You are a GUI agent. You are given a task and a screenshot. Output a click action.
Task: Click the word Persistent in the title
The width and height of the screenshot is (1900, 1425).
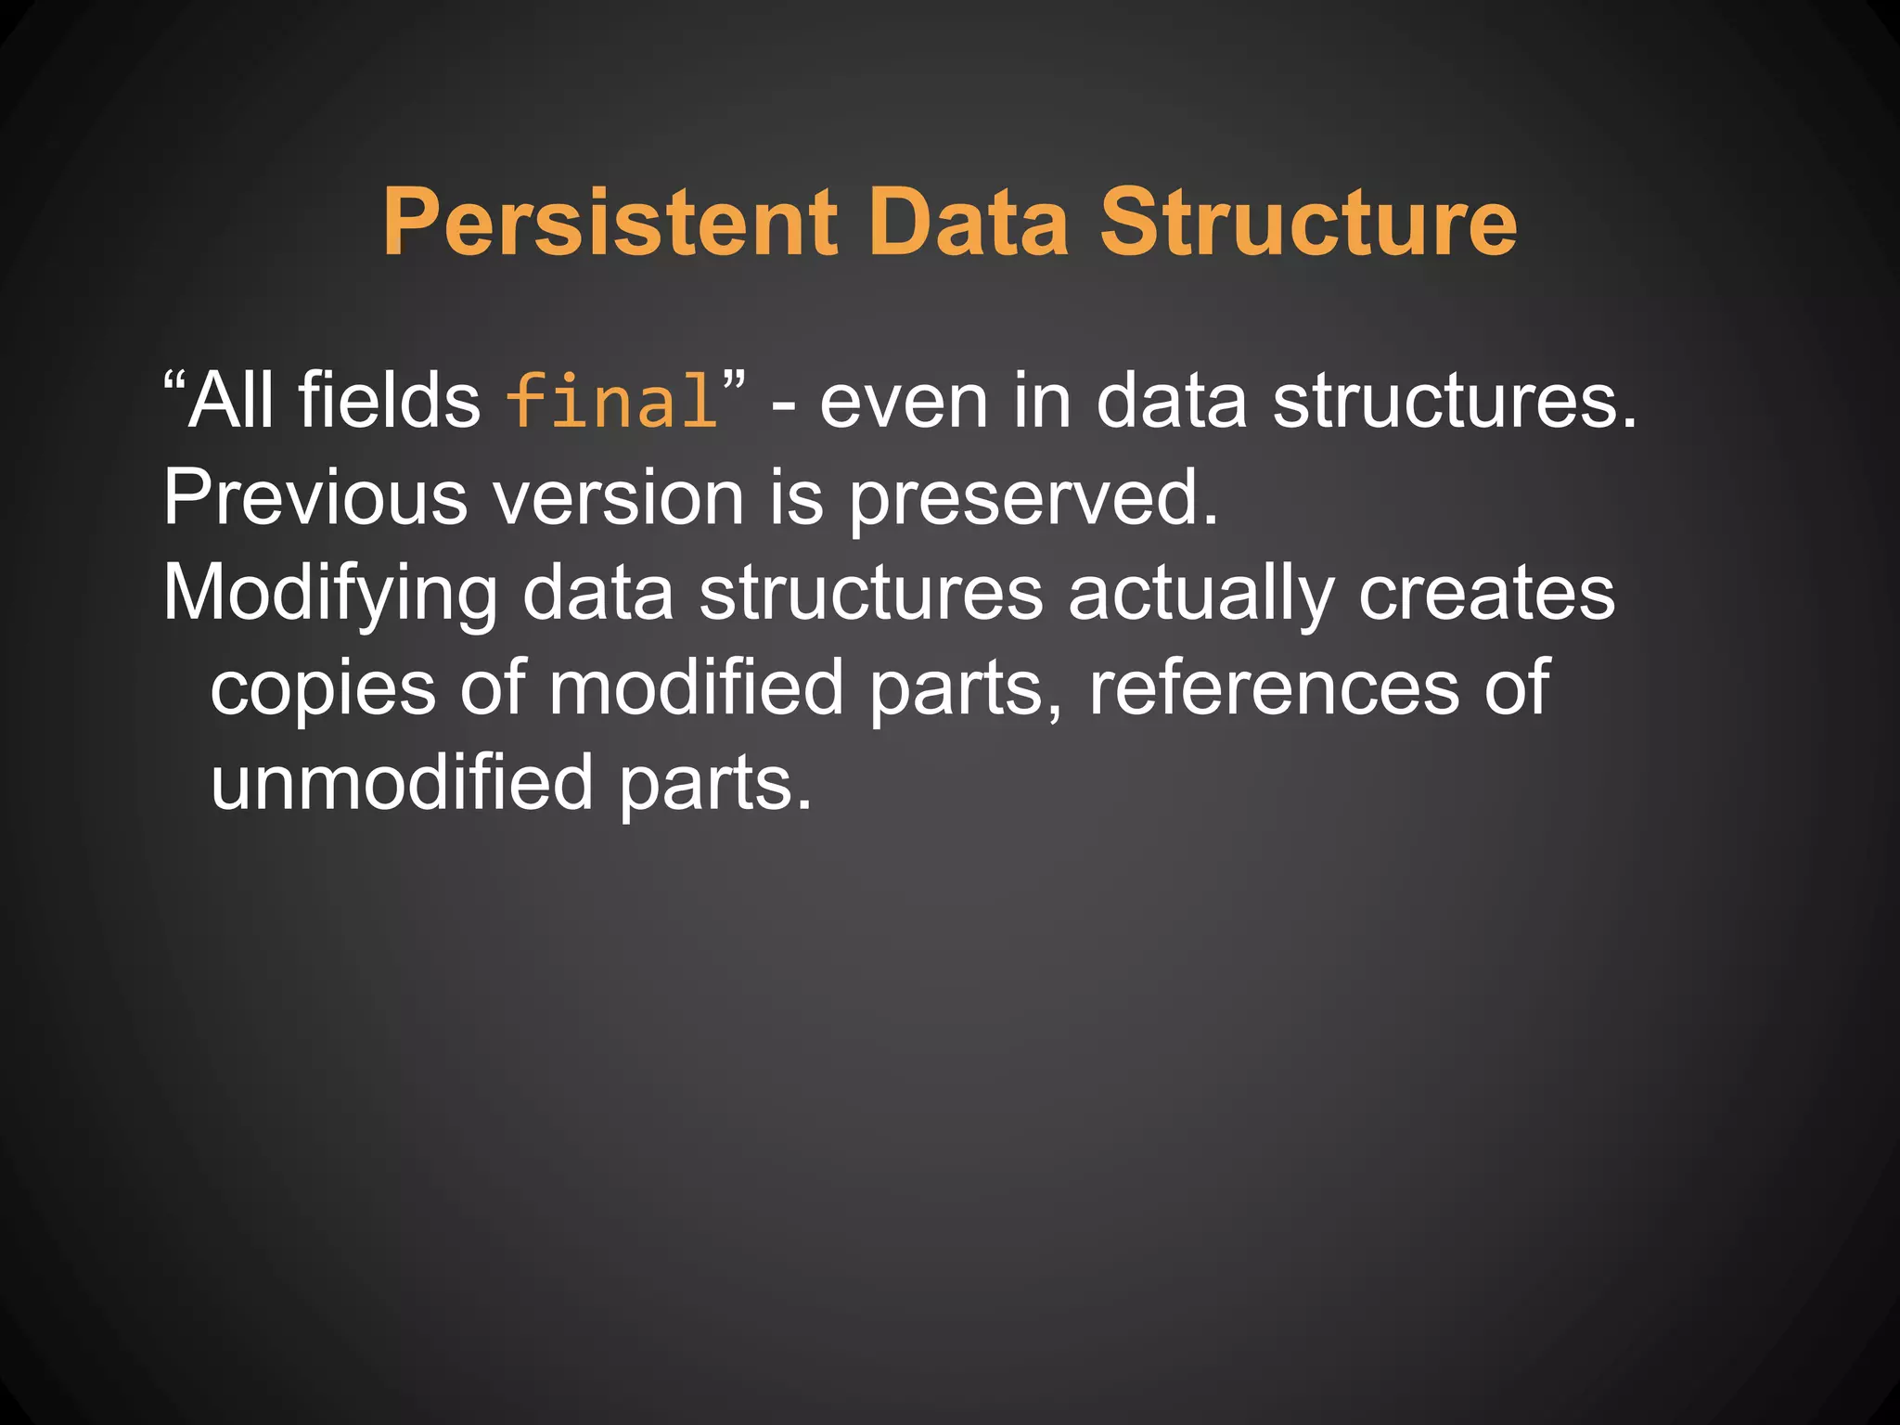click(x=611, y=224)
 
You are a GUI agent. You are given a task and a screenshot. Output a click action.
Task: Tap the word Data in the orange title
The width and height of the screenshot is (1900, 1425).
click(x=969, y=224)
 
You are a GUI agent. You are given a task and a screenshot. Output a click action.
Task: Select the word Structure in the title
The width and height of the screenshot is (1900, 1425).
click(x=1308, y=224)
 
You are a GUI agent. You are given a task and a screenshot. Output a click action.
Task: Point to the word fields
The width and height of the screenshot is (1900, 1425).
click(x=390, y=401)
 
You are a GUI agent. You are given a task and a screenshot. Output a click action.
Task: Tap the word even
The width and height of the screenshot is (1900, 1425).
click(x=904, y=403)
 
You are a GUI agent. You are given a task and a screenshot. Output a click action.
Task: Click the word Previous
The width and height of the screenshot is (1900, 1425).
click(x=315, y=497)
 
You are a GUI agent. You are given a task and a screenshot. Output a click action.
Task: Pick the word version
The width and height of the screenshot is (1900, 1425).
click(x=618, y=499)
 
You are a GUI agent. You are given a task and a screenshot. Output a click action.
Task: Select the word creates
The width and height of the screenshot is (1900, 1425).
click(x=1486, y=594)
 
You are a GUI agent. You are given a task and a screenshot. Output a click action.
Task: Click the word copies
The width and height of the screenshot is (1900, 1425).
click(x=323, y=690)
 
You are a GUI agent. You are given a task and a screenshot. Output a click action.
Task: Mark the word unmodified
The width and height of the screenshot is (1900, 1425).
click(x=402, y=783)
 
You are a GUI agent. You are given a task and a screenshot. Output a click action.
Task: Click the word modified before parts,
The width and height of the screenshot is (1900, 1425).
click(x=696, y=688)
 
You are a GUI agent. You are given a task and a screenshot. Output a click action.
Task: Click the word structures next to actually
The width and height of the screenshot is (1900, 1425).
click(x=871, y=594)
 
